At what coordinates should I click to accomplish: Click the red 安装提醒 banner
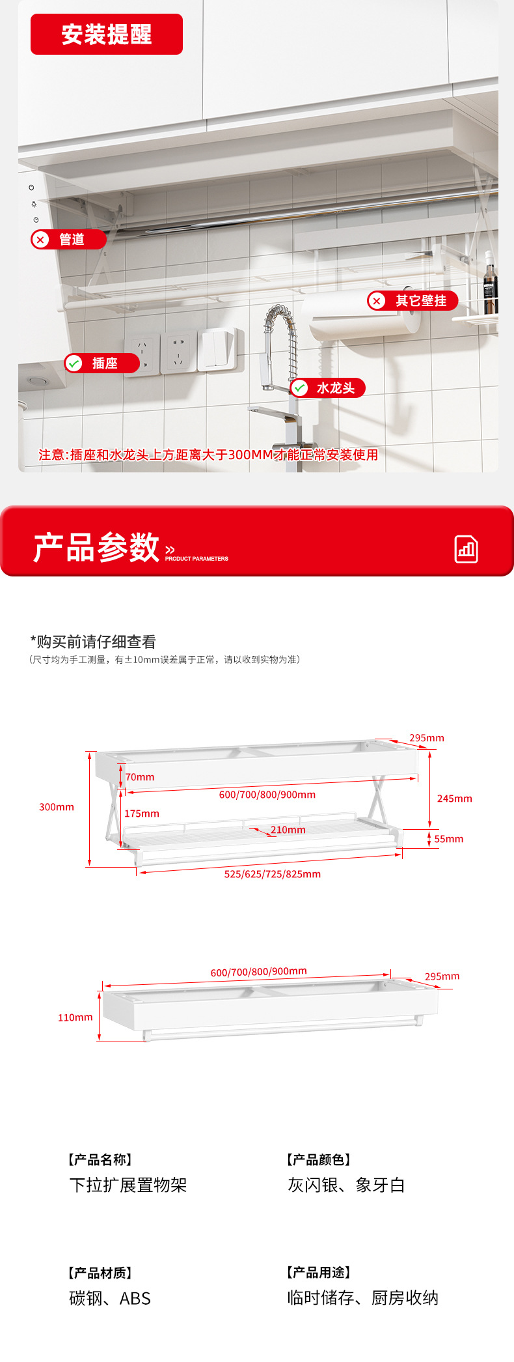(x=107, y=34)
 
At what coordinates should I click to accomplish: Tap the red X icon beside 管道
(x=40, y=240)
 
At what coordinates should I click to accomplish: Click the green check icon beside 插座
(x=74, y=363)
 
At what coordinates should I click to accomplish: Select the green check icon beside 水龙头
(x=299, y=388)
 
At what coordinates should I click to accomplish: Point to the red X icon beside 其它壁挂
(x=377, y=301)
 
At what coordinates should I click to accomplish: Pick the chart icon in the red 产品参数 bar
(x=466, y=549)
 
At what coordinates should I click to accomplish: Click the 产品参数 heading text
(x=96, y=547)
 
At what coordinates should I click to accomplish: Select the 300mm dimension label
(x=57, y=807)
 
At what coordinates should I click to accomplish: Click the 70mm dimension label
(x=140, y=777)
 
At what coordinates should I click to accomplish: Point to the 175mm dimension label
(x=142, y=814)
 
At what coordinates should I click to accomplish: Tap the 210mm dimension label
(x=288, y=830)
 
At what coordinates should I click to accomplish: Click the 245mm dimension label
(x=455, y=799)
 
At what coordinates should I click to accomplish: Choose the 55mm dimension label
(x=449, y=839)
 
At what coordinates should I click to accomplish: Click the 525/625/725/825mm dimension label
(x=273, y=874)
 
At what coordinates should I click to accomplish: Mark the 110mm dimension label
(x=75, y=1017)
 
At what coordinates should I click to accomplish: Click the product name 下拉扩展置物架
(x=128, y=1185)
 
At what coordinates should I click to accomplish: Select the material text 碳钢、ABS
(x=110, y=1298)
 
